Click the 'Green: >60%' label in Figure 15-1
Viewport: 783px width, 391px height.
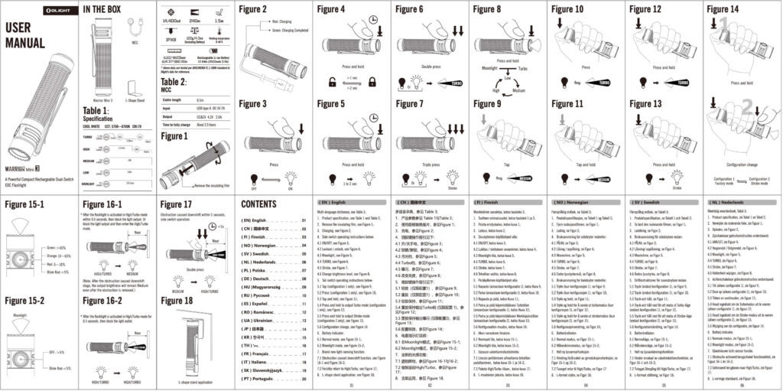pyautogui.click(x=56, y=248)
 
